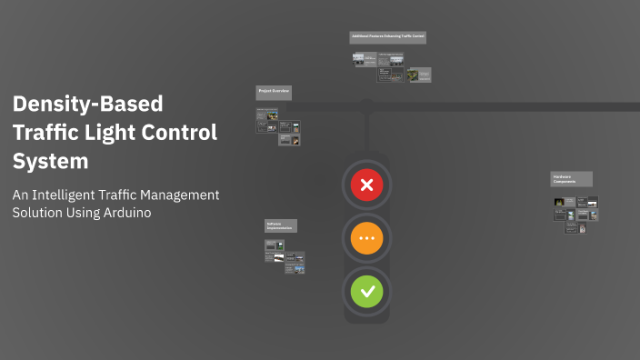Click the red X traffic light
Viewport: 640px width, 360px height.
pos(367,186)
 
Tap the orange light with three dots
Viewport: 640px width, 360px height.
pos(367,239)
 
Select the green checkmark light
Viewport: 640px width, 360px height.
pos(367,292)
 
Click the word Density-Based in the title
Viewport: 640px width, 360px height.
pos(87,104)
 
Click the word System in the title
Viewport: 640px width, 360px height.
pos(51,162)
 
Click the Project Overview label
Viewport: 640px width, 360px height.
pos(274,92)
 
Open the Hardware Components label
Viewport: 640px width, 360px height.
pos(571,179)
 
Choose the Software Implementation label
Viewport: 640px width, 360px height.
pos(281,225)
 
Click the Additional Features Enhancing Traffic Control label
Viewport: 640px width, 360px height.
pos(388,37)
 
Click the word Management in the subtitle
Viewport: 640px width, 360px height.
pos(189,195)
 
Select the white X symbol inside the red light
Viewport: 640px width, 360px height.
pos(367,186)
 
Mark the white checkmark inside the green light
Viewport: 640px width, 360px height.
pos(367,292)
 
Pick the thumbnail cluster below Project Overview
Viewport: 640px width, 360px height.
pos(278,127)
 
